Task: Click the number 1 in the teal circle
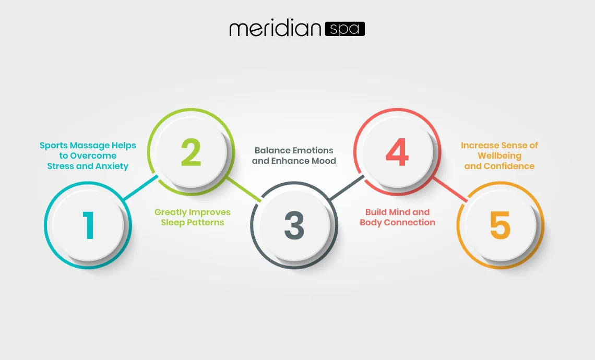click(89, 225)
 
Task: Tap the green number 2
click(191, 152)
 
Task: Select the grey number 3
click(294, 225)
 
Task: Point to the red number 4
click(397, 152)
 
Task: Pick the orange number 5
click(500, 225)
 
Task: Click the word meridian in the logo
click(276, 29)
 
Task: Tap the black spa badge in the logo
click(345, 29)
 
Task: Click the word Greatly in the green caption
click(170, 212)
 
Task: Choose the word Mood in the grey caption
click(324, 161)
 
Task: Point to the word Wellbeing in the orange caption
click(499, 156)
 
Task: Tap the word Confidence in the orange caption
click(509, 166)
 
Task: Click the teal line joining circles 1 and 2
click(140, 187)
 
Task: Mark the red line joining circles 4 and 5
click(450, 189)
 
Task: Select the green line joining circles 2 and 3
click(244, 189)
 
